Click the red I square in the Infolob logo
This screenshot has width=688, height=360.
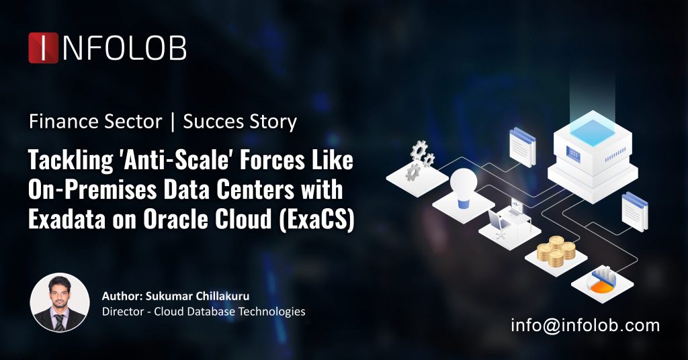click(x=43, y=48)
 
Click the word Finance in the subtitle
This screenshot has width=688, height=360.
click(x=55, y=122)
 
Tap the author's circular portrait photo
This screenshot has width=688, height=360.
click(x=60, y=302)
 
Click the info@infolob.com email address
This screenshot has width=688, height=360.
click(x=585, y=326)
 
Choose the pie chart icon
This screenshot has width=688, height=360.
click(x=603, y=281)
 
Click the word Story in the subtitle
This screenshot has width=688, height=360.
click(x=273, y=122)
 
